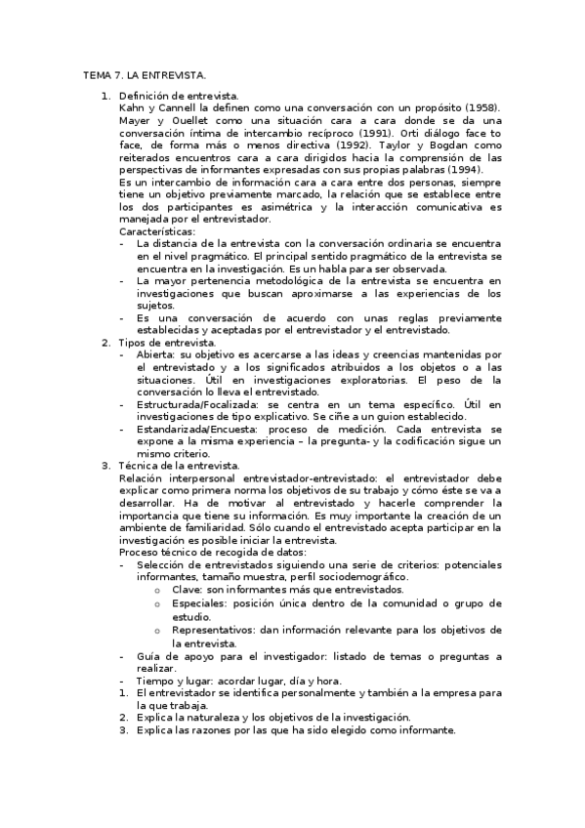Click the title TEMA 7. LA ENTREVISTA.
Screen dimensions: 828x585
coord(144,74)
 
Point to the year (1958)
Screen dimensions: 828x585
coord(482,107)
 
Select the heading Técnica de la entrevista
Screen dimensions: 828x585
coord(178,466)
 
